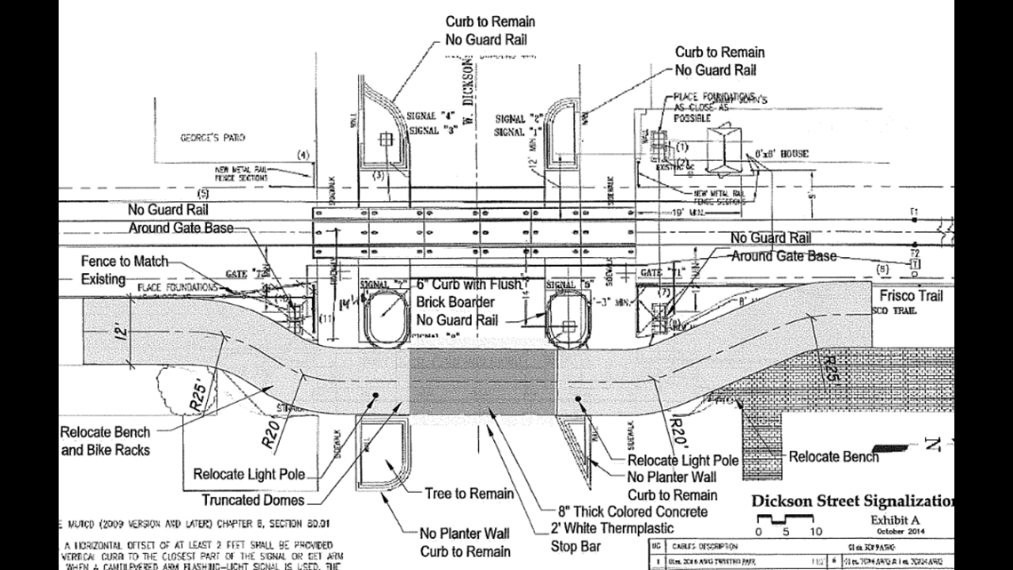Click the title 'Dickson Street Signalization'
(x=852, y=501)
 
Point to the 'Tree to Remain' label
(x=469, y=494)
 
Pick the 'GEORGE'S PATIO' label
(x=212, y=138)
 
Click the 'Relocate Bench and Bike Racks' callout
(x=105, y=441)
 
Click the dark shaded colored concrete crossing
(x=482, y=381)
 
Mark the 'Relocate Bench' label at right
(x=834, y=457)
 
